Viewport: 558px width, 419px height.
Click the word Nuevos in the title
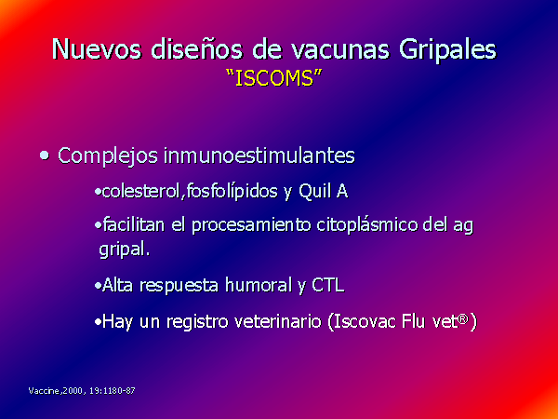97,48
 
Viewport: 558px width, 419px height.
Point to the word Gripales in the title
447,49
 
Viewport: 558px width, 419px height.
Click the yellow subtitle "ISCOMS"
274,77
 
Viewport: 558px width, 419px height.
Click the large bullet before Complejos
45,155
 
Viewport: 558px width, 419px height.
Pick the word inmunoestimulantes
259,155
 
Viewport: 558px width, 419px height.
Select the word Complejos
108,156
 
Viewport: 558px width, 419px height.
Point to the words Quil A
323,191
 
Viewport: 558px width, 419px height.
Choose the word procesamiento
251,225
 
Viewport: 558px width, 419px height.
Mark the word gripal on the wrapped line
125,250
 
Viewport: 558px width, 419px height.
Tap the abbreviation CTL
328,285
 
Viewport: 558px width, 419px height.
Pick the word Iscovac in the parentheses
365,322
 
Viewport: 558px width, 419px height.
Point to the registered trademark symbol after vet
463,318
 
